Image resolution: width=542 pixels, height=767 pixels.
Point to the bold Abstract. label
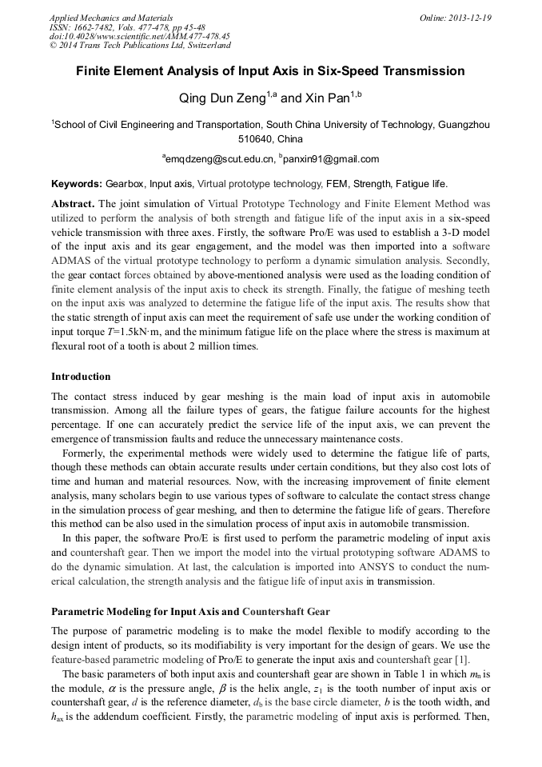74,204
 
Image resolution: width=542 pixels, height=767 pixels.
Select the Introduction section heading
81,377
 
